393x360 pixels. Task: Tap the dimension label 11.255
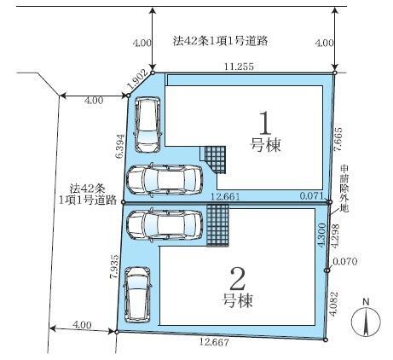click(x=239, y=67)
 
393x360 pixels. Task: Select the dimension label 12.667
click(x=214, y=342)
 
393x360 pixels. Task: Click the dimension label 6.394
click(x=120, y=146)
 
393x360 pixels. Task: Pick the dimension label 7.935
click(x=114, y=266)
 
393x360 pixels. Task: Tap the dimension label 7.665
click(x=338, y=139)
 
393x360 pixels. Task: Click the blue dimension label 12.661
click(x=225, y=196)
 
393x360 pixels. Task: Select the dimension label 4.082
click(x=334, y=304)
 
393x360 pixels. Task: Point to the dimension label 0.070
click(x=344, y=261)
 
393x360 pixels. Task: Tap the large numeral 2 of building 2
click(x=238, y=279)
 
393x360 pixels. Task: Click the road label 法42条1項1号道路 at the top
click(x=221, y=41)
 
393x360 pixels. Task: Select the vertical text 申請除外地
click(x=344, y=189)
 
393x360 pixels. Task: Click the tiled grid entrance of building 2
click(x=217, y=225)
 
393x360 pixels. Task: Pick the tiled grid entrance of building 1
click(x=215, y=160)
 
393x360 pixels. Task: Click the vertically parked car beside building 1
click(x=147, y=125)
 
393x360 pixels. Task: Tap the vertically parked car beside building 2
click(x=138, y=294)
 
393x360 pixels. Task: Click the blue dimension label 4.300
click(x=321, y=235)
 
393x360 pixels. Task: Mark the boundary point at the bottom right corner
click(x=326, y=340)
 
